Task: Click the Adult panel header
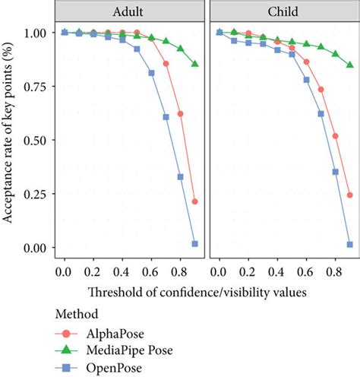pos(130,12)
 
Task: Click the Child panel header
pos(284,12)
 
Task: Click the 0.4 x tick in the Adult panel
pos(122,270)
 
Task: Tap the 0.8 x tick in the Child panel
pos(335,270)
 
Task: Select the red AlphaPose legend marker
pos(65,334)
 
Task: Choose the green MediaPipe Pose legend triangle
pos(65,350)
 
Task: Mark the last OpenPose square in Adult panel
pos(195,244)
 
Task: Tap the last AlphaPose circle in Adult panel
pos(195,201)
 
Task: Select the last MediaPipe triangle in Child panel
pos(350,65)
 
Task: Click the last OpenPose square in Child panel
pos(350,245)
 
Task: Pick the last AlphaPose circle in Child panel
pos(350,195)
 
